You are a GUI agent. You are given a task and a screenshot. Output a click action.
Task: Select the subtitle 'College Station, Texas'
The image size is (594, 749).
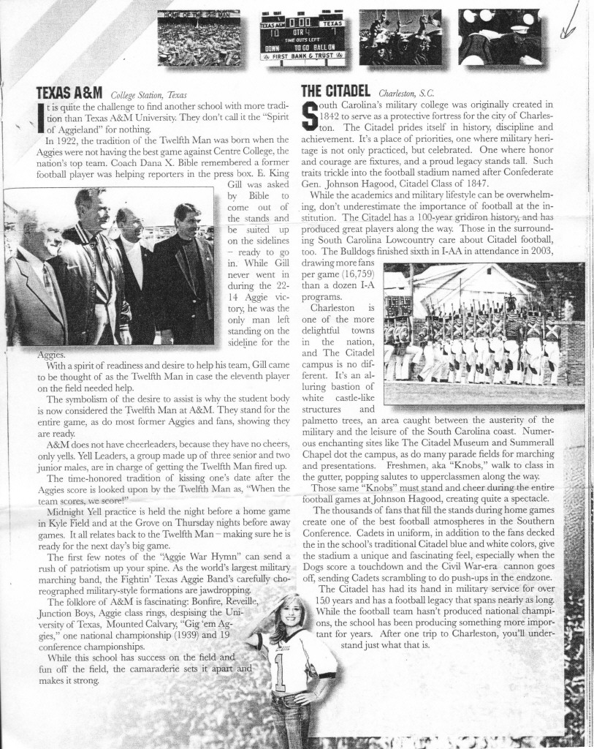click(148, 95)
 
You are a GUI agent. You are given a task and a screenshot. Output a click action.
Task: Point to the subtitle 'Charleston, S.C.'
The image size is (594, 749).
click(406, 94)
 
